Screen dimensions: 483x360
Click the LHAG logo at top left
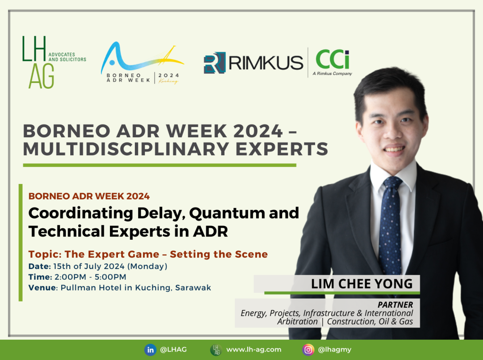pyautogui.click(x=54, y=62)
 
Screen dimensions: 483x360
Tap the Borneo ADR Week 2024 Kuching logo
pyautogui.click(x=142, y=63)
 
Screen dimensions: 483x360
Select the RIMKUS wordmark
pyautogui.click(x=266, y=63)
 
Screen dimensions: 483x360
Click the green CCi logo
pyautogui.click(x=333, y=59)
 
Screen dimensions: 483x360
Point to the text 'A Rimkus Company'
pyautogui.click(x=333, y=73)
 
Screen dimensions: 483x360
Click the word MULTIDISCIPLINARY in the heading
pyautogui.click(x=126, y=149)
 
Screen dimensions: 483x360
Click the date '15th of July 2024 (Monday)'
pyautogui.click(x=110, y=266)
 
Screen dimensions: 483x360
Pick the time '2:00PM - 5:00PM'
pyautogui.click(x=91, y=277)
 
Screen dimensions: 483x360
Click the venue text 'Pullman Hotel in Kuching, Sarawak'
pyautogui.click(x=136, y=287)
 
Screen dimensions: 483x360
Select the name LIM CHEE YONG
pyautogui.click(x=362, y=284)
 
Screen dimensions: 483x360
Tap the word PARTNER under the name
pyautogui.click(x=395, y=304)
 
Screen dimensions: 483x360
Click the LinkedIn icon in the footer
pyautogui.click(x=150, y=350)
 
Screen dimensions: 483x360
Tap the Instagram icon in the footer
pyautogui.click(x=308, y=350)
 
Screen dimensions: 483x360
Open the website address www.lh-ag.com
pyautogui.click(x=253, y=350)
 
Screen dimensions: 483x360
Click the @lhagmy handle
pyautogui.click(x=334, y=350)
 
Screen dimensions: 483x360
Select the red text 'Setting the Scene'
pyautogui.click(x=219, y=254)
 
